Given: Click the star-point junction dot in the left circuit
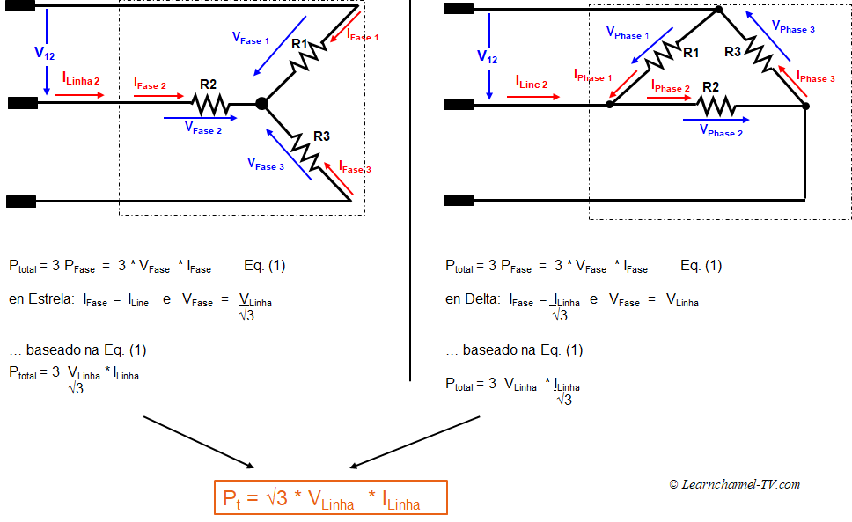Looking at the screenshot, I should (x=261, y=104).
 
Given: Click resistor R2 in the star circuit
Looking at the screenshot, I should (x=210, y=104).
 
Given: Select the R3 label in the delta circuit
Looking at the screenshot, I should (x=732, y=52).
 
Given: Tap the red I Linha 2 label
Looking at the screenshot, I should (x=81, y=80).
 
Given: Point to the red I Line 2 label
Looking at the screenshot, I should (x=532, y=83).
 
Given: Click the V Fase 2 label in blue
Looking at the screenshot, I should (x=203, y=129).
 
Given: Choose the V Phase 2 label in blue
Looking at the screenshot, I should (x=721, y=131).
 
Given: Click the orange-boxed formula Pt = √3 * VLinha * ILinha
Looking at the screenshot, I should (x=330, y=498).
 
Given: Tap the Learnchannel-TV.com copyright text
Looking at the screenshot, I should (x=734, y=484).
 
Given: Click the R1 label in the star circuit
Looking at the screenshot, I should (x=299, y=44).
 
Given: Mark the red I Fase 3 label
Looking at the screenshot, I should (x=356, y=167).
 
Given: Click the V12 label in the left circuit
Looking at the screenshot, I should (x=44, y=53).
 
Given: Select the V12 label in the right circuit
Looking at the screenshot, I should (x=487, y=56).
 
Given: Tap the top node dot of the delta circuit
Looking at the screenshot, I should (x=717, y=10).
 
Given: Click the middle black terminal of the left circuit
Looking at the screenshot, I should (x=23, y=103).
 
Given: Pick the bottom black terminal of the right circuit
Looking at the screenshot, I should (x=458, y=201).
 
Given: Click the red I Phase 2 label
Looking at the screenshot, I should (x=671, y=86).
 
